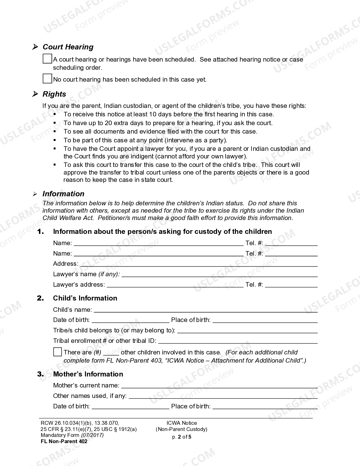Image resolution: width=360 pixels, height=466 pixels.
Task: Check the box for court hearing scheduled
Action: [47, 59]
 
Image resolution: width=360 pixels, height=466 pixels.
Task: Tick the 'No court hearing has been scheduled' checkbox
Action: [47, 79]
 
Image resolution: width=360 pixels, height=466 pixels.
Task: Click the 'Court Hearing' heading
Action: [68, 47]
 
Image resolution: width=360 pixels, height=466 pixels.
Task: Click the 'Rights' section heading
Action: [54, 94]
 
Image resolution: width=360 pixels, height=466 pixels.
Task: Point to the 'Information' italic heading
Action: [63, 194]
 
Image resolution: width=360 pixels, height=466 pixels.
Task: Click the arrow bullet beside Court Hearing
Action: [35, 47]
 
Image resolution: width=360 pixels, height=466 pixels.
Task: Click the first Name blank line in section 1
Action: [158, 243]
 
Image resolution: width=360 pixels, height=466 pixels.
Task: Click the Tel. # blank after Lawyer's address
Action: [291, 285]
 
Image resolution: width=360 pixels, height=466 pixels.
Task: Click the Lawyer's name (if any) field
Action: [219, 275]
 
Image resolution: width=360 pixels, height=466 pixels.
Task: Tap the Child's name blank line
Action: [205, 310]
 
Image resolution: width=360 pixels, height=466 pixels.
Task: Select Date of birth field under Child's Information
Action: [130, 320]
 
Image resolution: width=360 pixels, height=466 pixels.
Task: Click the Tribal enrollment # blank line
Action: [238, 341]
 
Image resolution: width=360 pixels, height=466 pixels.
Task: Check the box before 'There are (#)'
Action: [58, 352]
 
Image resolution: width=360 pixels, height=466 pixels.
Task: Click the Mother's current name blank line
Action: [219, 386]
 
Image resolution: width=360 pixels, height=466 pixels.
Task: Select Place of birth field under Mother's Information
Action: [265, 407]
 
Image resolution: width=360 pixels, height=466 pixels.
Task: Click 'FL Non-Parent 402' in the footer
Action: [64, 441]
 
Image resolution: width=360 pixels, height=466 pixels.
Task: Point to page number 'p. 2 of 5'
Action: [182, 437]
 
